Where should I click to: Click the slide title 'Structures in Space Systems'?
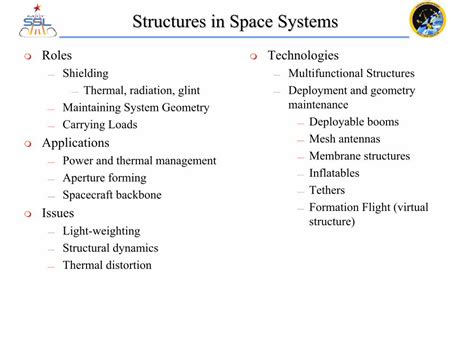pyautogui.click(x=235, y=22)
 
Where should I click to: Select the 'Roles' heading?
pyautogui.click(x=57, y=56)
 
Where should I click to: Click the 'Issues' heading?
pyautogui.click(x=58, y=213)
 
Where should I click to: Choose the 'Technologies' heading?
pyautogui.click(x=303, y=56)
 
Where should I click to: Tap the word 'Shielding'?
pyautogui.click(x=85, y=74)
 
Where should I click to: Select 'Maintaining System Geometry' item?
pyautogui.click(x=136, y=108)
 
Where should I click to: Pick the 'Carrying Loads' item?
pyautogui.click(x=100, y=125)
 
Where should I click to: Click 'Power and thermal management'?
pyautogui.click(x=139, y=161)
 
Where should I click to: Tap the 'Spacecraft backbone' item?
pyautogui.click(x=111, y=195)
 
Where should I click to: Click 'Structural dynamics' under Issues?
pyautogui.click(x=110, y=248)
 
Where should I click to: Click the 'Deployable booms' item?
pyautogui.click(x=354, y=122)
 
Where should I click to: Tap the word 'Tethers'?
pyautogui.click(x=328, y=190)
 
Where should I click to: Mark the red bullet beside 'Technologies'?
pyautogui.click(x=255, y=57)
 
